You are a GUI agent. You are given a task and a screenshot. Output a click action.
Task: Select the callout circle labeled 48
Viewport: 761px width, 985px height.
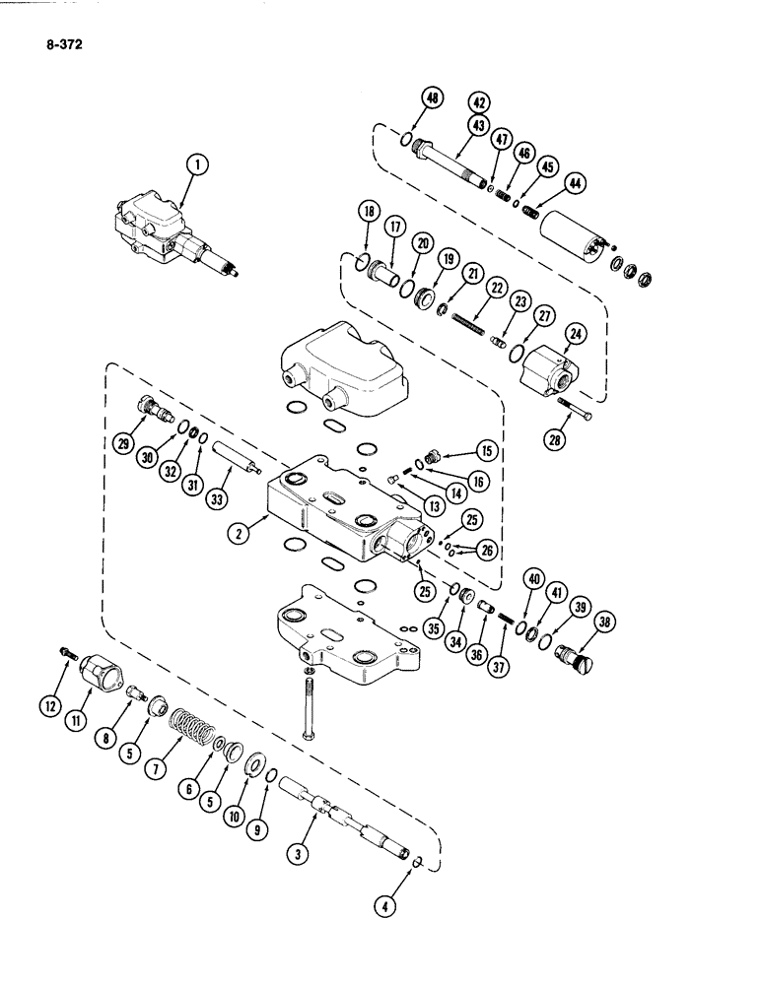[432, 98]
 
